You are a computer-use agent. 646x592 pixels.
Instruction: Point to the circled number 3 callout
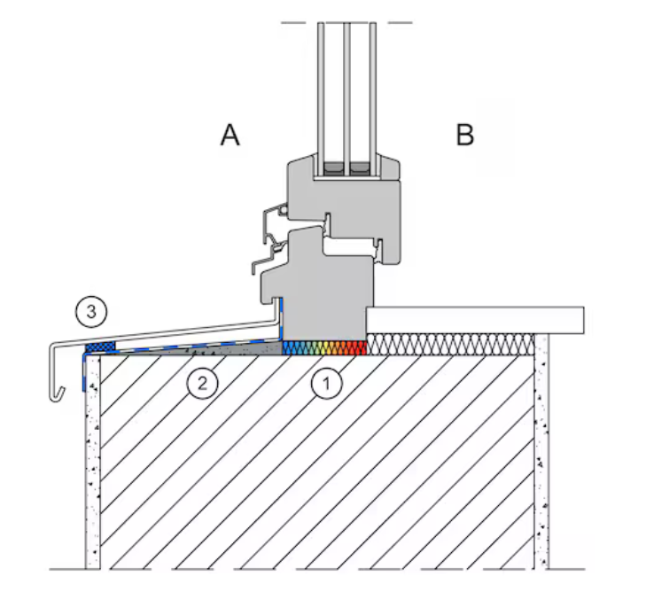pyautogui.click(x=91, y=311)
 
